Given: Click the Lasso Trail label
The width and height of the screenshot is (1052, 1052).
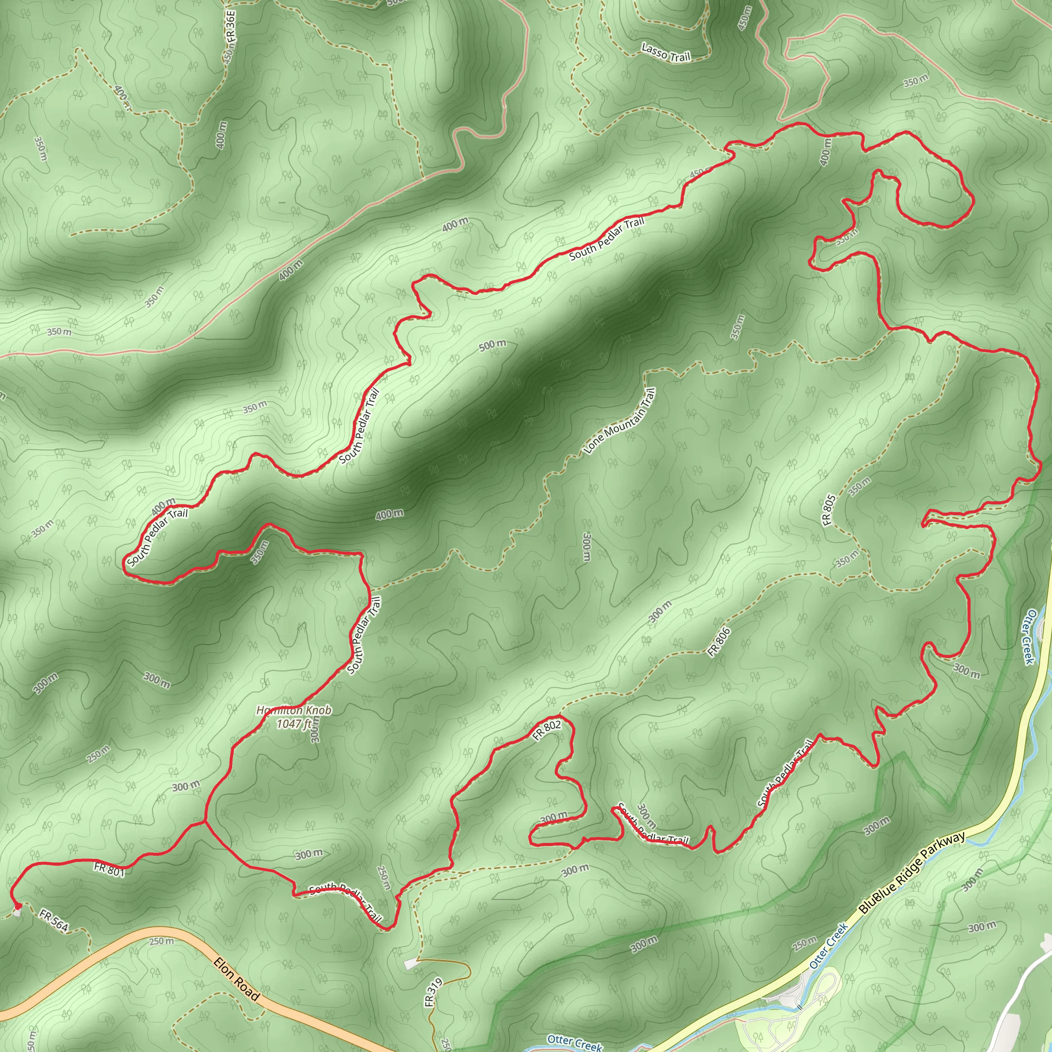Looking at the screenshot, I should click(x=665, y=53).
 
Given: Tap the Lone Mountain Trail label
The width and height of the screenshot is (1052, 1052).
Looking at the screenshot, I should click(x=619, y=421).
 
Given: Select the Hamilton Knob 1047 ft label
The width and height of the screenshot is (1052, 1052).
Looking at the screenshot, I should click(x=294, y=717).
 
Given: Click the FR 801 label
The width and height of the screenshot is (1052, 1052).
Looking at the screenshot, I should click(x=109, y=870).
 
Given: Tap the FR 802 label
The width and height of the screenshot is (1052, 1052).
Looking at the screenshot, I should click(x=546, y=731).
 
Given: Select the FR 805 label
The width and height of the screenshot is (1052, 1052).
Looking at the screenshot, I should click(x=828, y=510).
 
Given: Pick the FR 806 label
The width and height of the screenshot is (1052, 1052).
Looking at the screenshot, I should click(x=718, y=643).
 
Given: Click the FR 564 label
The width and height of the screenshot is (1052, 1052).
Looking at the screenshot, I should click(x=54, y=920).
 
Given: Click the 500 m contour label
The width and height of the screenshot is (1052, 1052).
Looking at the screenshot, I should click(x=492, y=345).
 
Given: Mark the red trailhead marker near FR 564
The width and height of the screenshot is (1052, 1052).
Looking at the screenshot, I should click(x=16, y=905).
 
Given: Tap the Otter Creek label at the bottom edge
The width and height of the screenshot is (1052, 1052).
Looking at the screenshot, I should click(x=574, y=1042).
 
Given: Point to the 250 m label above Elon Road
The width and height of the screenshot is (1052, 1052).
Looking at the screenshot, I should click(x=162, y=941).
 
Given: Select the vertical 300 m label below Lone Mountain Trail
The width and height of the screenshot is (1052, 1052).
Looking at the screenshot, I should click(x=587, y=546).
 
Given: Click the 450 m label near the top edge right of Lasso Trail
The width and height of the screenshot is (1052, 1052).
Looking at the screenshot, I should click(x=744, y=18).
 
